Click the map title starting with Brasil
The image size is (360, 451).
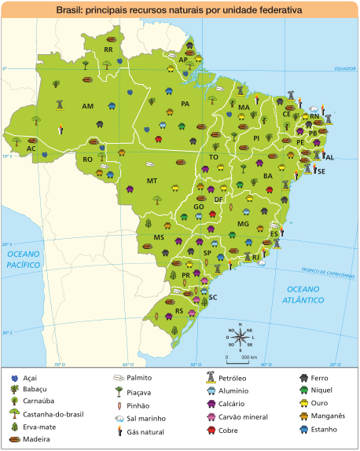click(180, 12)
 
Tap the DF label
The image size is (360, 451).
click(218, 200)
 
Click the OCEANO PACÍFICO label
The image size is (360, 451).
click(24, 261)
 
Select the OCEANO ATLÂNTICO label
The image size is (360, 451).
click(304, 295)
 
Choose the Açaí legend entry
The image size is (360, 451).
click(30, 379)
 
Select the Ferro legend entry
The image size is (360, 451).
click(318, 379)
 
